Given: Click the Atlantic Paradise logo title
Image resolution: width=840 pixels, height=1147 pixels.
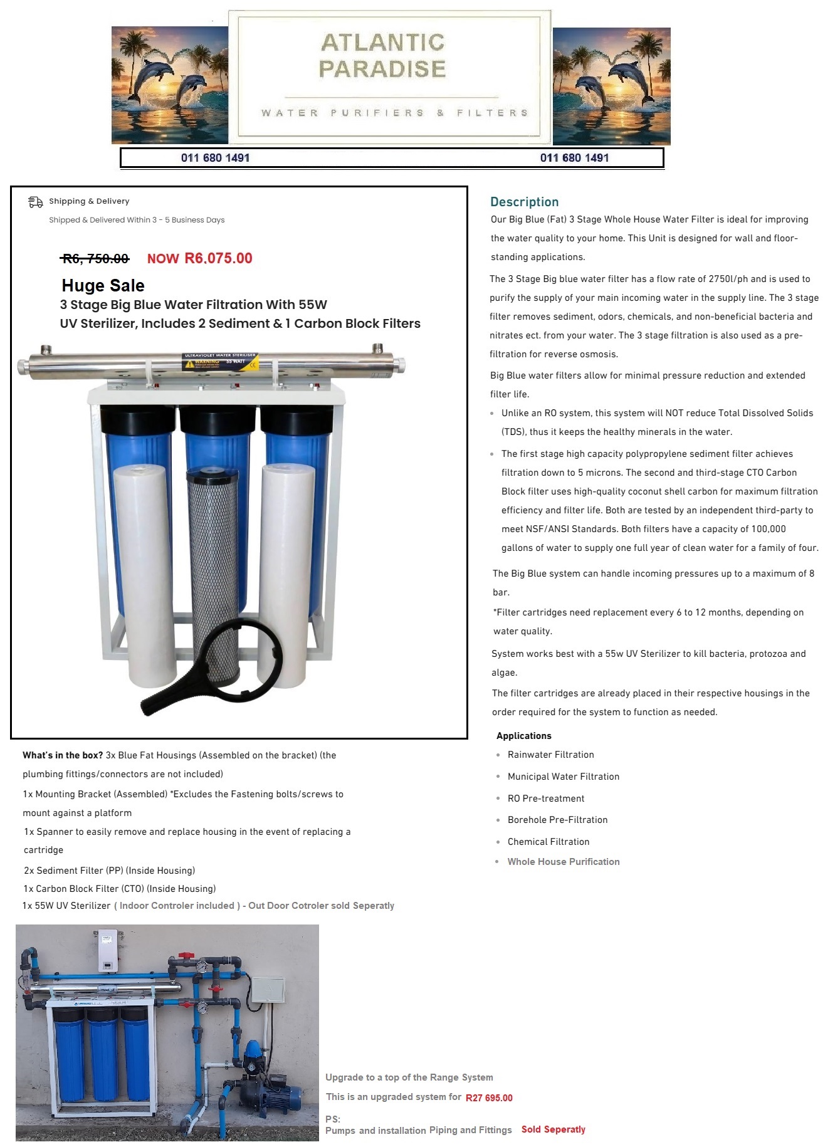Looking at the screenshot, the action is (x=382, y=55).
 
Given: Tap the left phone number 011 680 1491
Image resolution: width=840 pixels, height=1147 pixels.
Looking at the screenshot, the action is (x=215, y=158).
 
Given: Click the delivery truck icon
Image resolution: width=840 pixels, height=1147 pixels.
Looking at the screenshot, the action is (x=35, y=202).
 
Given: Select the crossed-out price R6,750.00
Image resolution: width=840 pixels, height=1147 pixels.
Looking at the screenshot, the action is (x=95, y=258).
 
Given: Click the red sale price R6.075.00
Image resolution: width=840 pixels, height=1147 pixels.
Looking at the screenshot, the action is (x=218, y=258).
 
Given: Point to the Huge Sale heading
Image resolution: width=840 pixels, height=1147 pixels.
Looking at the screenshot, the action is (x=103, y=286).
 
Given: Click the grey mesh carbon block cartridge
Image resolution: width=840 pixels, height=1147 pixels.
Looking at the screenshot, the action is (x=213, y=577).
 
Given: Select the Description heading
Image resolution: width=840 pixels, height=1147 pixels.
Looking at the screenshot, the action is (x=525, y=202).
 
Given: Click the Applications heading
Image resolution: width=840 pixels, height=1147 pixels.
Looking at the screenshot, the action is (x=524, y=736).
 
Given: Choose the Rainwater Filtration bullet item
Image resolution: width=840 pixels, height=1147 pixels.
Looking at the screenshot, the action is (x=551, y=755).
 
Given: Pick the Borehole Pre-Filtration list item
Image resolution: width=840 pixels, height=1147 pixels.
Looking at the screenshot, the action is (x=558, y=820).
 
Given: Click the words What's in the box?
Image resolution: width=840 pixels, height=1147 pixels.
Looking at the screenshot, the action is (x=63, y=755).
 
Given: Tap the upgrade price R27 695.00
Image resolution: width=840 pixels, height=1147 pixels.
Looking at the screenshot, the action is (x=489, y=1097).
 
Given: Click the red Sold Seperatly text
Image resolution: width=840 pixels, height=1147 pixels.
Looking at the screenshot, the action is (x=554, y=1129).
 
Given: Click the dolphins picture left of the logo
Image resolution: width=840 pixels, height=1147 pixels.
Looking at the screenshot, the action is (x=170, y=85).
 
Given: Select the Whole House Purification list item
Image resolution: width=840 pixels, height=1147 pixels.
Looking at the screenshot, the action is (x=564, y=862).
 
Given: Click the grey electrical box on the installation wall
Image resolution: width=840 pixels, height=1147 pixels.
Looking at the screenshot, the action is (x=268, y=991).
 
